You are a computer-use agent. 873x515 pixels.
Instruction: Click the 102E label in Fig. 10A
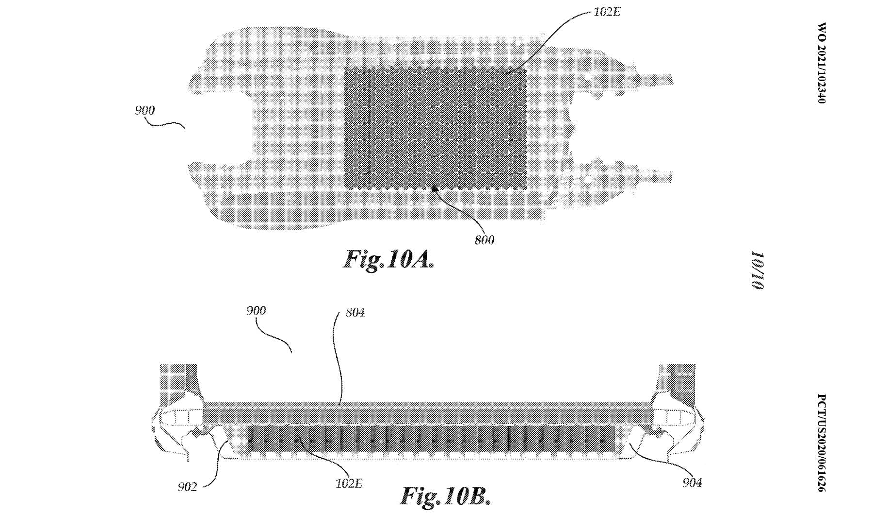pyautogui.click(x=607, y=12)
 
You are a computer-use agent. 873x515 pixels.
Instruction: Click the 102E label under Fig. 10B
pyautogui.click(x=349, y=483)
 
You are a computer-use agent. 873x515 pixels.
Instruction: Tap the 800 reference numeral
pyautogui.click(x=485, y=240)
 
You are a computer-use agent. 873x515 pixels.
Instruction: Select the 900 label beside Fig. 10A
pyautogui.click(x=145, y=111)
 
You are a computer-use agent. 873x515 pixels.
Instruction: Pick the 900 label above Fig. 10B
pyautogui.click(x=256, y=311)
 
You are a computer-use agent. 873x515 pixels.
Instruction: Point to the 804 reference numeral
pyautogui.click(x=355, y=313)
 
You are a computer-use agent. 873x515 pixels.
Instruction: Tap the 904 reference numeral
pyautogui.click(x=692, y=483)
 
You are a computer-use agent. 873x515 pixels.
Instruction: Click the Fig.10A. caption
pyautogui.click(x=388, y=260)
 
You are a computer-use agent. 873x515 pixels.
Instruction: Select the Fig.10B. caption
pyautogui.click(x=445, y=496)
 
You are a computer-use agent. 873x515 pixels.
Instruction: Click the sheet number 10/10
pyautogui.click(x=758, y=271)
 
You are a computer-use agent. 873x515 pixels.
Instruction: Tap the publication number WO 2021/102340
pyautogui.click(x=821, y=63)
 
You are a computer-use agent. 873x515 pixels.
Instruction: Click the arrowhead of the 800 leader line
pyautogui.click(x=434, y=186)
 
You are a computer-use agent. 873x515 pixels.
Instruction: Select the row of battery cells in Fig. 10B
pyautogui.click(x=431, y=439)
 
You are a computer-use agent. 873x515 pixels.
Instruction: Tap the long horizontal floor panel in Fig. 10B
pyautogui.click(x=427, y=412)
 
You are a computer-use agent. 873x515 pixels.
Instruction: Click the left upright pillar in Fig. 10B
pyautogui.click(x=178, y=383)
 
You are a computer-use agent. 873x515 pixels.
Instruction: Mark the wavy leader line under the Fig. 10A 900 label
pyautogui.click(x=165, y=124)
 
